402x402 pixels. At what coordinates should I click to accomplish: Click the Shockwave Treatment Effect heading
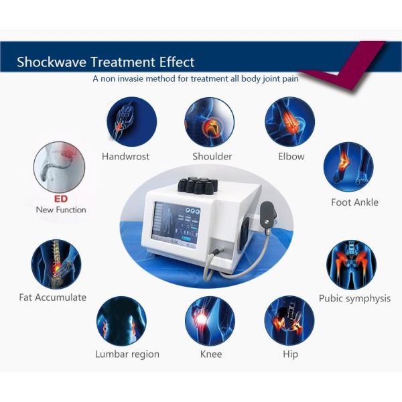106,62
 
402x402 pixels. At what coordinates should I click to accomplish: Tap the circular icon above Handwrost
131,121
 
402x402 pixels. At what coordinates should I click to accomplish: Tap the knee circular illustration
210,320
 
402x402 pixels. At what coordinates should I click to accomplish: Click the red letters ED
61,199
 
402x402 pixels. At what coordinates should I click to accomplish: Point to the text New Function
61,210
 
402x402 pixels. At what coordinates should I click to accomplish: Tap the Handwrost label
125,156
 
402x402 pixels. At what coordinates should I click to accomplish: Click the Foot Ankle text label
354,202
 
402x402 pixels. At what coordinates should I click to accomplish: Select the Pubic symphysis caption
354,298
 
